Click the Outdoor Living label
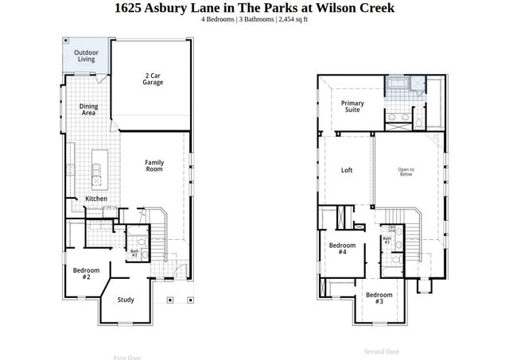[86, 56]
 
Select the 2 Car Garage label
[153, 79]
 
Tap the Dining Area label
[89, 110]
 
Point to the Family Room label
[154, 165]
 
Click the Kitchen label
[96, 199]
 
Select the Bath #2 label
[134, 253]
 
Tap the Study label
[126, 300]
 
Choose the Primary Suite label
[352, 106]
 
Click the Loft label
[347, 170]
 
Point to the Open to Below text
[406, 172]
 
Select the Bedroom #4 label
[343, 248]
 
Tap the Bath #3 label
[387, 239]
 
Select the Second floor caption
[382, 351]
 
